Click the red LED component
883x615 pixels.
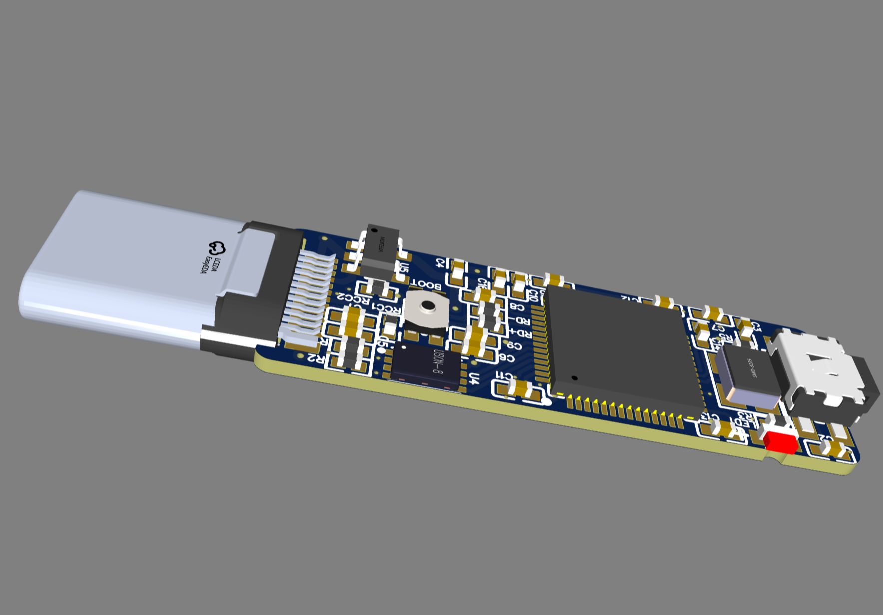(780, 441)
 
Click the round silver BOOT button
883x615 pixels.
(426, 308)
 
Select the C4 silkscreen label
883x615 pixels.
(440, 262)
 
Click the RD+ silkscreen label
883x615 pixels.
(522, 333)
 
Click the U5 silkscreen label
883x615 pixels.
(404, 270)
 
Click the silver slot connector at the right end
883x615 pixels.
(824, 377)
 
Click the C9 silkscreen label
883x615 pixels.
(514, 345)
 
